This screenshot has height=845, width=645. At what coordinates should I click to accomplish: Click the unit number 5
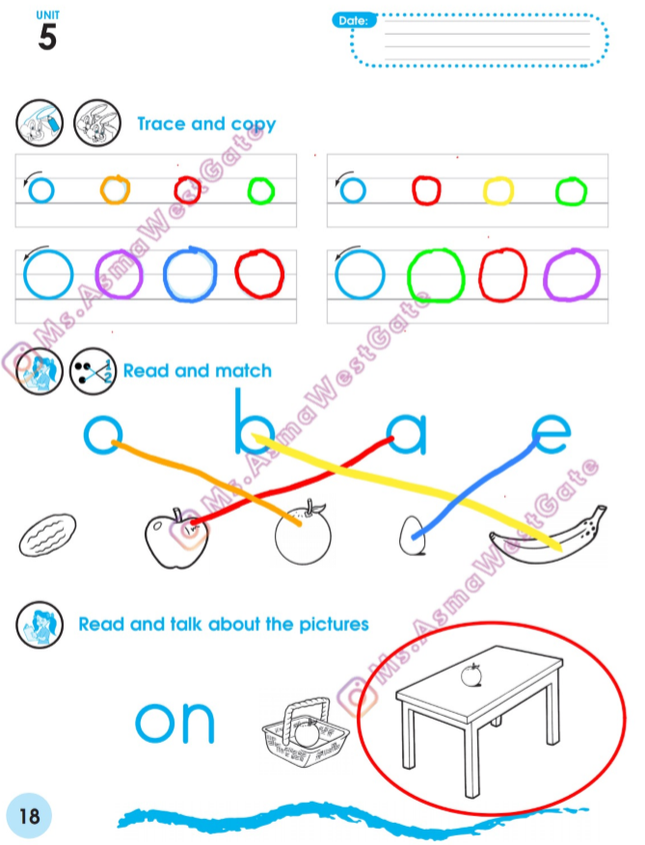(x=47, y=38)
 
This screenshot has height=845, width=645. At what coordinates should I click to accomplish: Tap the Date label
(x=353, y=20)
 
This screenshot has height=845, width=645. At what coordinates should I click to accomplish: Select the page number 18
(x=29, y=816)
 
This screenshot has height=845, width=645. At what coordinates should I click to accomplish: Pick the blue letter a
(x=407, y=435)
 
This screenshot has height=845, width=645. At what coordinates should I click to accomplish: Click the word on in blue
(x=175, y=723)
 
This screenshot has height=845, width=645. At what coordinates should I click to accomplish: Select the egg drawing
(x=412, y=536)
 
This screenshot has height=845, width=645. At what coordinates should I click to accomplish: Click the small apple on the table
(x=471, y=675)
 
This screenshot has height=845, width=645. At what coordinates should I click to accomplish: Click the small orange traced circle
(x=115, y=190)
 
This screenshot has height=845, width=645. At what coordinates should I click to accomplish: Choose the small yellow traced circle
(x=497, y=191)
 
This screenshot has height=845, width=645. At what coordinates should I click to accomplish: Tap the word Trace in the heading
(x=162, y=123)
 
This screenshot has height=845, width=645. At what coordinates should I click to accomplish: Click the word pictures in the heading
(x=334, y=624)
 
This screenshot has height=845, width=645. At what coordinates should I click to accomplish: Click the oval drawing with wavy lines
(x=47, y=535)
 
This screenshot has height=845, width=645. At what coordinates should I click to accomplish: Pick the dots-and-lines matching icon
(x=93, y=371)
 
